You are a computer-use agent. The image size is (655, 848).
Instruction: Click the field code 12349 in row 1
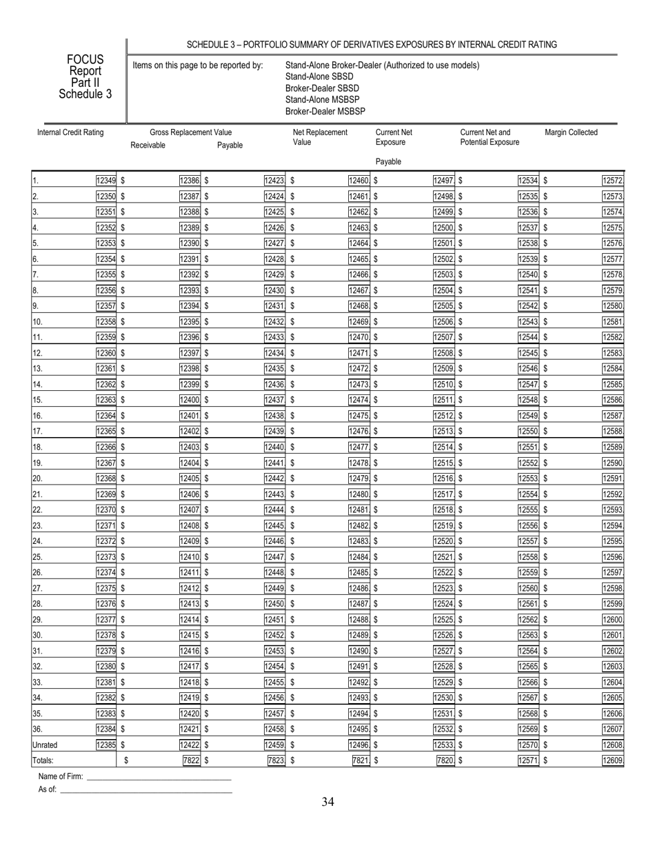click(x=106, y=181)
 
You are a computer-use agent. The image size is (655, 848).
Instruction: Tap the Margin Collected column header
click(x=571, y=132)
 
